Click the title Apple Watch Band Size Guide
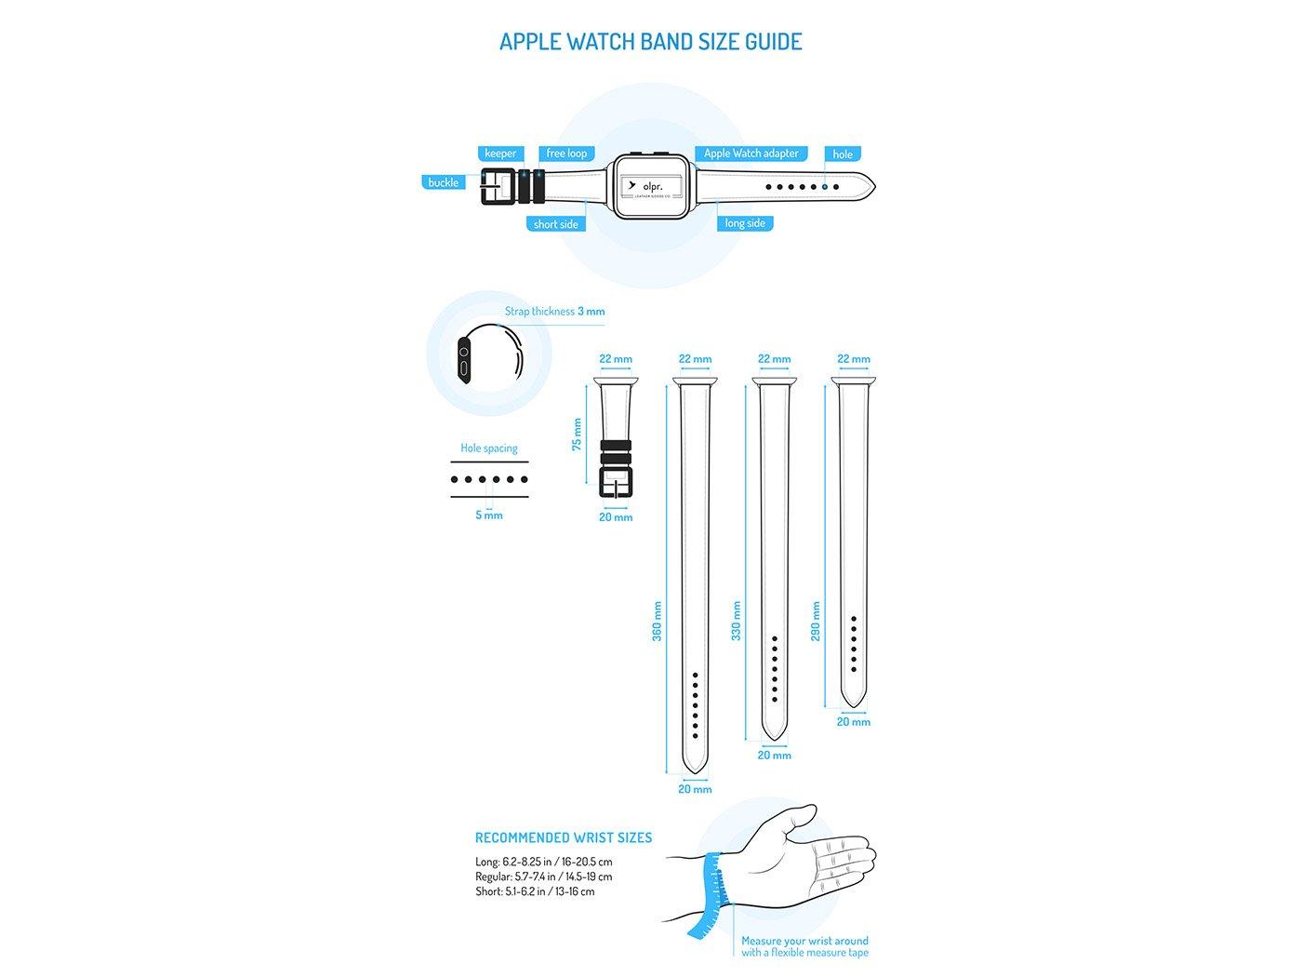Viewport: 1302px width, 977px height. pos(650,42)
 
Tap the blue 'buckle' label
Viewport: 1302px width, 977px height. pos(444,182)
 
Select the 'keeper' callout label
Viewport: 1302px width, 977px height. pos(500,154)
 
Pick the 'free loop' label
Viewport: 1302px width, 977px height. pos(566,154)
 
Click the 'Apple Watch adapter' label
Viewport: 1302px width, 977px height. pos(751,154)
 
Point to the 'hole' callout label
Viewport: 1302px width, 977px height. pos(843,154)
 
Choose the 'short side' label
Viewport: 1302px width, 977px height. pos(555,224)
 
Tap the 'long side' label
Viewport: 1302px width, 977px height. pos(745,223)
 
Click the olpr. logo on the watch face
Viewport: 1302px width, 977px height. pos(650,185)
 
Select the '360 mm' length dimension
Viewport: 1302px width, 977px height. pos(657,621)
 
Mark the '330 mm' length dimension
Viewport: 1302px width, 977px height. pos(736,621)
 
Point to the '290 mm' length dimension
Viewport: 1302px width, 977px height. pos(816,621)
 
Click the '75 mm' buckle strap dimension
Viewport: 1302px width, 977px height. pos(577,435)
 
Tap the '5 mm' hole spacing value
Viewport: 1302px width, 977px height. pos(489,515)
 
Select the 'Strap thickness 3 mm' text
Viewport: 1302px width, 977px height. pos(554,312)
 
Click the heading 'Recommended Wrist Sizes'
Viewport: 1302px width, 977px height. pos(564,837)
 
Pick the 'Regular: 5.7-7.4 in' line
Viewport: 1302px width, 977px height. pos(543,877)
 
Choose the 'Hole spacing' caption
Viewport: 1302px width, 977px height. pos(489,448)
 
